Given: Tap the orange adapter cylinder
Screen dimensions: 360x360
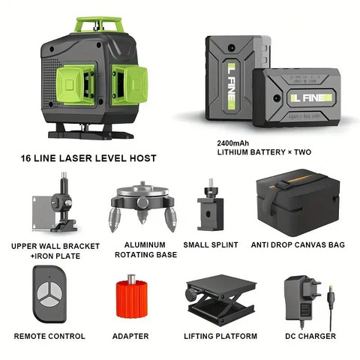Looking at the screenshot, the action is click(x=132, y=298).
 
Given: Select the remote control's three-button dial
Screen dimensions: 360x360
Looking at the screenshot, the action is click(x=49, y=294).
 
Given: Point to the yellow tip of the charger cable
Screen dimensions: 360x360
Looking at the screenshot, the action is click(x=331, y=288).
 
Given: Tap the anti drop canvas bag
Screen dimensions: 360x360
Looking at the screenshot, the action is click(x=298, y=202).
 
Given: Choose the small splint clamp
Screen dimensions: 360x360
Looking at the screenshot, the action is click(x=210, y=205).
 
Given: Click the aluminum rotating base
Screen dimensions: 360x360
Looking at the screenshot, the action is click(x=142, y=206).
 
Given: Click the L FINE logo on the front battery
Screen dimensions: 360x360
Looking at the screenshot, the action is click(x=310, y=97).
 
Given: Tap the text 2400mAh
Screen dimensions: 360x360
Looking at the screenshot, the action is click(x=232, y=143).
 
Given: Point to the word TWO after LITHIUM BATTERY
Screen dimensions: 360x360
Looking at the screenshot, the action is click(x=302, y=152).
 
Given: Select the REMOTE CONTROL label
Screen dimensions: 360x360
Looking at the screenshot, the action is click(x=49, y=336).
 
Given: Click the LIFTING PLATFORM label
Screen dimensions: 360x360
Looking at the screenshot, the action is click(x=220, y=336).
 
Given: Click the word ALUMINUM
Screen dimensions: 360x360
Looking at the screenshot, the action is click(x=145, y=244).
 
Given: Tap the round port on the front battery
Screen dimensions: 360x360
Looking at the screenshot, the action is click(x=277, y=98).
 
